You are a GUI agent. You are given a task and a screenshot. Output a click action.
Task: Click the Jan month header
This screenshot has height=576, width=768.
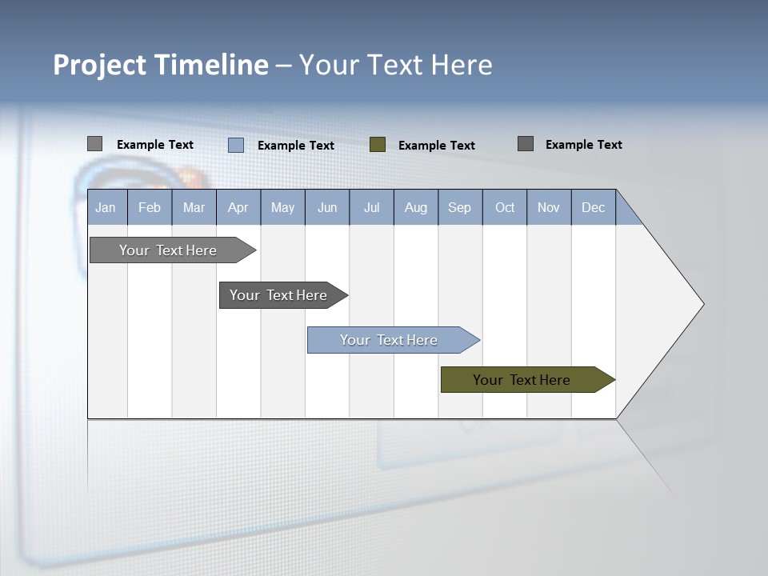[x=106, y=207]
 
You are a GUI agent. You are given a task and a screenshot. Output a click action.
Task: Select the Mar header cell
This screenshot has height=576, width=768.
[x=194, y=207]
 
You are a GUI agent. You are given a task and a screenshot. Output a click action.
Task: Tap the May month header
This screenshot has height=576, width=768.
[x=282, y=207]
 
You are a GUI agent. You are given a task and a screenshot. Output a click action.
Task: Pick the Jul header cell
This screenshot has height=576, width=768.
[x=371, y=207]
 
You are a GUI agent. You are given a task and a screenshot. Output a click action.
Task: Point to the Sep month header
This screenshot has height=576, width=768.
[x=460, y=207]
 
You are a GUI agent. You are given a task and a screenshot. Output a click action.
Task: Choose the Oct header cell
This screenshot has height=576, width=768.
[x=505, y=207]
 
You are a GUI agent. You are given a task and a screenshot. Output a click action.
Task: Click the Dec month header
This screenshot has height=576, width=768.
[x=593, y=207]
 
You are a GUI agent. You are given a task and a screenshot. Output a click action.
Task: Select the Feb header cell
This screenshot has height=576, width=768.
[x=150, y=207]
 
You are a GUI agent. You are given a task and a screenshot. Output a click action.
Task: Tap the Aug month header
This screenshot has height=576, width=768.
[x=415, y=207]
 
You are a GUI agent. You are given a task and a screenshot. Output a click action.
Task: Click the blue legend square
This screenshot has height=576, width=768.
[x=236, y=145]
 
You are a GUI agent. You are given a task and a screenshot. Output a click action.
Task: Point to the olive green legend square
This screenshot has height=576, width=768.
[x=378, y=145]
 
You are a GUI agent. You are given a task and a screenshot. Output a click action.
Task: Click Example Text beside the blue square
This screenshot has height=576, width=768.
[x=296, y=146]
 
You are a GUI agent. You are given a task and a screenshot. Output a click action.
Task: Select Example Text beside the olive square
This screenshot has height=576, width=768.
[x=437, y=146]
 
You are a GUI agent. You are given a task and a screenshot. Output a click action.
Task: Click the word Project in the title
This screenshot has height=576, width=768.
[x=100, y=65]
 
